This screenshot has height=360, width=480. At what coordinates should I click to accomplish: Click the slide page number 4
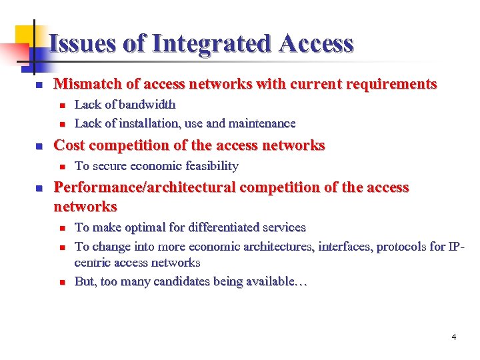click(x=454, y=337)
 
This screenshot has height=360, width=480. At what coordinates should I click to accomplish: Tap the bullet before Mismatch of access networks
click(x=39, y=85)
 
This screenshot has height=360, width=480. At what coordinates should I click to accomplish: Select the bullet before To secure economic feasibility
click(x=61, y=167)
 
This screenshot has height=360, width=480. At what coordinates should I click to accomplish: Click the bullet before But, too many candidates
click(x=61, y=282)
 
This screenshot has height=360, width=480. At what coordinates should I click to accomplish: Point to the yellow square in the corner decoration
click(x=25, y=35)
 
